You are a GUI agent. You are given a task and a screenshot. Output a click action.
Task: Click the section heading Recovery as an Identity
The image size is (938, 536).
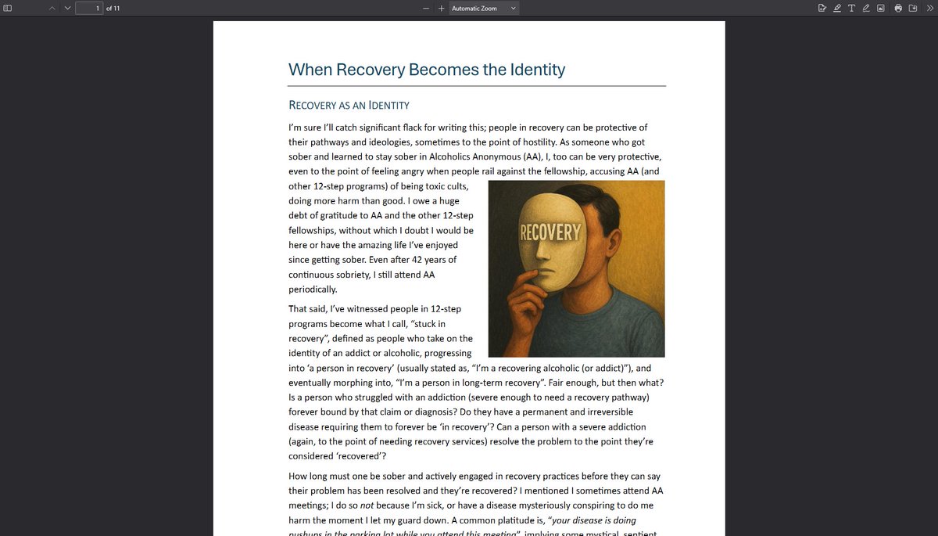(x=349, y=105)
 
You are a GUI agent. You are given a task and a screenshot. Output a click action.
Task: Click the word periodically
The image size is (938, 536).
(x=313, y=290)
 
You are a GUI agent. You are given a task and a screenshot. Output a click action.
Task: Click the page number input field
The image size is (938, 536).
(x=89, y=8)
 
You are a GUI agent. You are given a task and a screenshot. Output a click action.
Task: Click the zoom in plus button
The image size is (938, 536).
(x=441, y=8)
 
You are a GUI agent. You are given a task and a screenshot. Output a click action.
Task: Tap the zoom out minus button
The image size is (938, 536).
(x=426, y=8)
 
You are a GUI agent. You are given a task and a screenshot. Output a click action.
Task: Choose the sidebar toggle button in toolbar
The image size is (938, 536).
(x=8, y=8)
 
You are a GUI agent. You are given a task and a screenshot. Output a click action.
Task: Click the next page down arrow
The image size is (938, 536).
(x=67, y=8)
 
